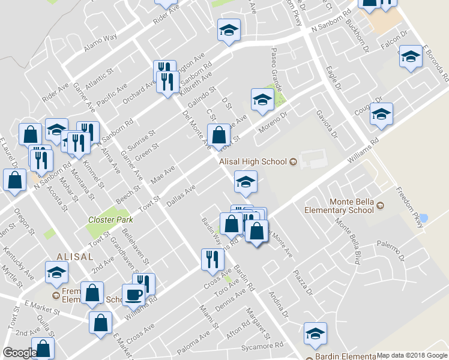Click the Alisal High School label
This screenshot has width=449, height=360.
[x=253, y=161]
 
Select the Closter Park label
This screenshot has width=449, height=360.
[x=110, y=220]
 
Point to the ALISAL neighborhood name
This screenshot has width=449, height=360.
[x=74, y=256]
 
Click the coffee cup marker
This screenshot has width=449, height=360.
[x=133, y=295]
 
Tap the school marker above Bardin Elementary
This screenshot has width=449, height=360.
[x=315, y=334]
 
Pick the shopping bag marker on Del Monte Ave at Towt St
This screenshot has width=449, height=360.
[x=219, y=134]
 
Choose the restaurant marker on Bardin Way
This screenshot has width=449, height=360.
[x=212, y=259]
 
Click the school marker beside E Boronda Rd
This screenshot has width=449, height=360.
[x=411, y=58]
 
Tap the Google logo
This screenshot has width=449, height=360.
[x=20, y=353]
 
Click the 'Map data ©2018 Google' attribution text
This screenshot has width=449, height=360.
[x=412, y=355]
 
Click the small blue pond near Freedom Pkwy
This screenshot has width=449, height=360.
[x=424, y=218]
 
